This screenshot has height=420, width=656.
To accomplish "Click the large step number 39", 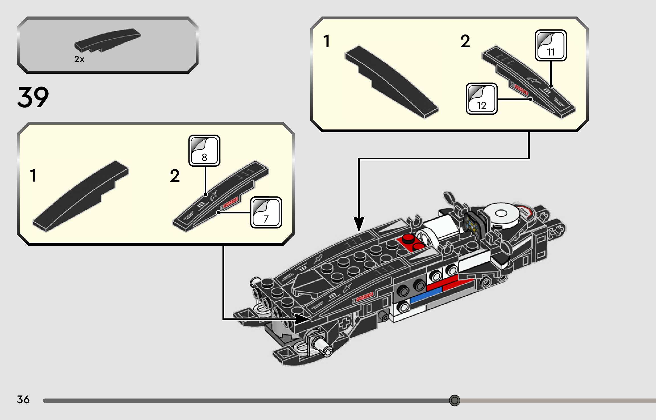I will coord(33,97).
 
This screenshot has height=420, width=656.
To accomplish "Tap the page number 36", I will coord(23,400).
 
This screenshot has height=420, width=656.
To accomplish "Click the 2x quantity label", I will coord(79,59).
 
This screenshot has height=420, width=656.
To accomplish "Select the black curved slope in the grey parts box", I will coord(108,40).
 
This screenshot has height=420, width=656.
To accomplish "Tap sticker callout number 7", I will coord(266,213).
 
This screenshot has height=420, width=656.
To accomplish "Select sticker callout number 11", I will coord(551,46).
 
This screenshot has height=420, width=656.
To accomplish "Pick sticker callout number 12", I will coord(482,99).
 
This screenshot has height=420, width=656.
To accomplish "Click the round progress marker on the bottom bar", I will coord(454,400).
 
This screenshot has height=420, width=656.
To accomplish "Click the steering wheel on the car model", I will coord(473,223).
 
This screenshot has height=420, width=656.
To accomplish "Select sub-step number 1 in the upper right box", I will coord(327,41).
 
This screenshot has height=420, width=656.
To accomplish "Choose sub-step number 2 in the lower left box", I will coord(175,176).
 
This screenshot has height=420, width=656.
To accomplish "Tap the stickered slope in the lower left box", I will coord(221,196).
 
